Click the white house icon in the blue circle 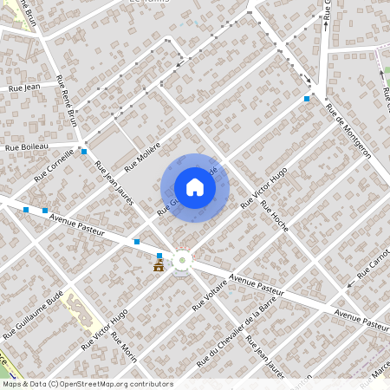(195, 187)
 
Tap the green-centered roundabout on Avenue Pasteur (183, 259)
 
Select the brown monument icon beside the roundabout (159, 266)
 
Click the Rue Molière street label (143, 156)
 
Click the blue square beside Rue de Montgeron (307, 99)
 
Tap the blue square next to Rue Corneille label (84, 152)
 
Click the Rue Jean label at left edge (24, 88)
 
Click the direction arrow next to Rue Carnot (350, 283)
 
